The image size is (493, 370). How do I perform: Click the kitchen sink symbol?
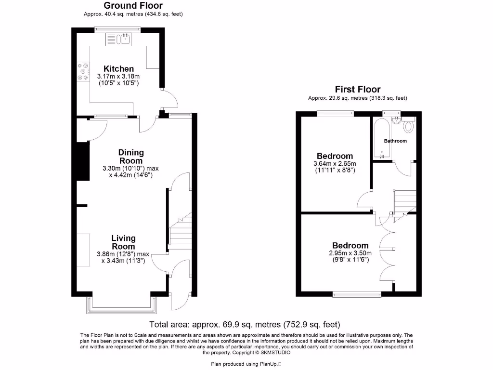[x=124, y=39]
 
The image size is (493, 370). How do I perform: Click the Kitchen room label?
[x=118, y=69]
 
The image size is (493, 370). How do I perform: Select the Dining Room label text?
[x=130, y=157]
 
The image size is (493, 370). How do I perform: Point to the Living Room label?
[x=123, y=242]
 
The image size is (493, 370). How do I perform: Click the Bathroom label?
[x=395, y=141]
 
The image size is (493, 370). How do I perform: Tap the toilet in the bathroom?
[x=409, y=126]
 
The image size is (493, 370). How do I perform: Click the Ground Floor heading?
[x=133, y=6]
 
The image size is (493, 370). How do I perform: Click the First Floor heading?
[x=358, y=89]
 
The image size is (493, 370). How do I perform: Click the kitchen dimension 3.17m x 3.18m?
[x=118, y=77]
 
